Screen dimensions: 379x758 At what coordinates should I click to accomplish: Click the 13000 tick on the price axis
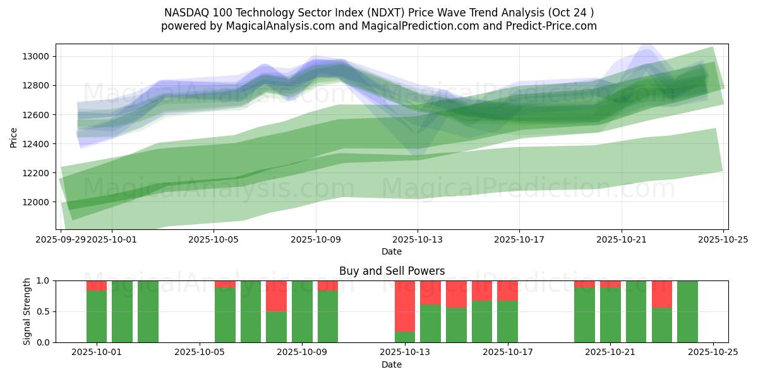(37, 56)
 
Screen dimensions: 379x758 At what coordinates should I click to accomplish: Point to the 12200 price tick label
(37, 173)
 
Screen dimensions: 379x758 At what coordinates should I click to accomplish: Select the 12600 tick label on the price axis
(37, 115)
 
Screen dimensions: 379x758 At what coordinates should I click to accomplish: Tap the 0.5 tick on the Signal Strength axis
(44, 311)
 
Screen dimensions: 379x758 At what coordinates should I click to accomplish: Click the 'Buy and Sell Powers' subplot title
(392, 271)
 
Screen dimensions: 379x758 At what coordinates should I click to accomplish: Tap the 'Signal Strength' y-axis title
(27, 311)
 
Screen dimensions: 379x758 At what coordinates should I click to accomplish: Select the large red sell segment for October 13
(405, 306)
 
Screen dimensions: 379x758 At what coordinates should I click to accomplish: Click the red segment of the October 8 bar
(276, 296)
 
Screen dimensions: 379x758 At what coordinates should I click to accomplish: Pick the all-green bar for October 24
(687, 311)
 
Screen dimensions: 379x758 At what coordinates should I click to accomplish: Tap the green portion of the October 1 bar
(97, 316)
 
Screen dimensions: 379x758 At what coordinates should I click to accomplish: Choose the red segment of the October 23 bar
(661, 294)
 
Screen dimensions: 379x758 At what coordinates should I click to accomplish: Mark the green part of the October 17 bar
(507, 322)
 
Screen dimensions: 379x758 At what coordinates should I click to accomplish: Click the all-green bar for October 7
(251, 311)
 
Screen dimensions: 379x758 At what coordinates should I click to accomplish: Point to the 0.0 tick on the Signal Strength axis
(44, 342)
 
